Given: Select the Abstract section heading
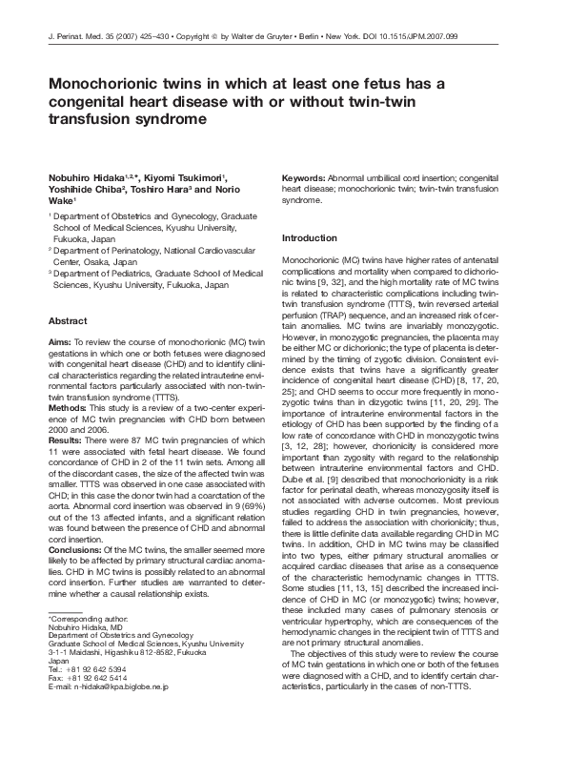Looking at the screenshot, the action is (x=69, y=322).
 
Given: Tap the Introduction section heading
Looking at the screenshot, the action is (x=310, y=237).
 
